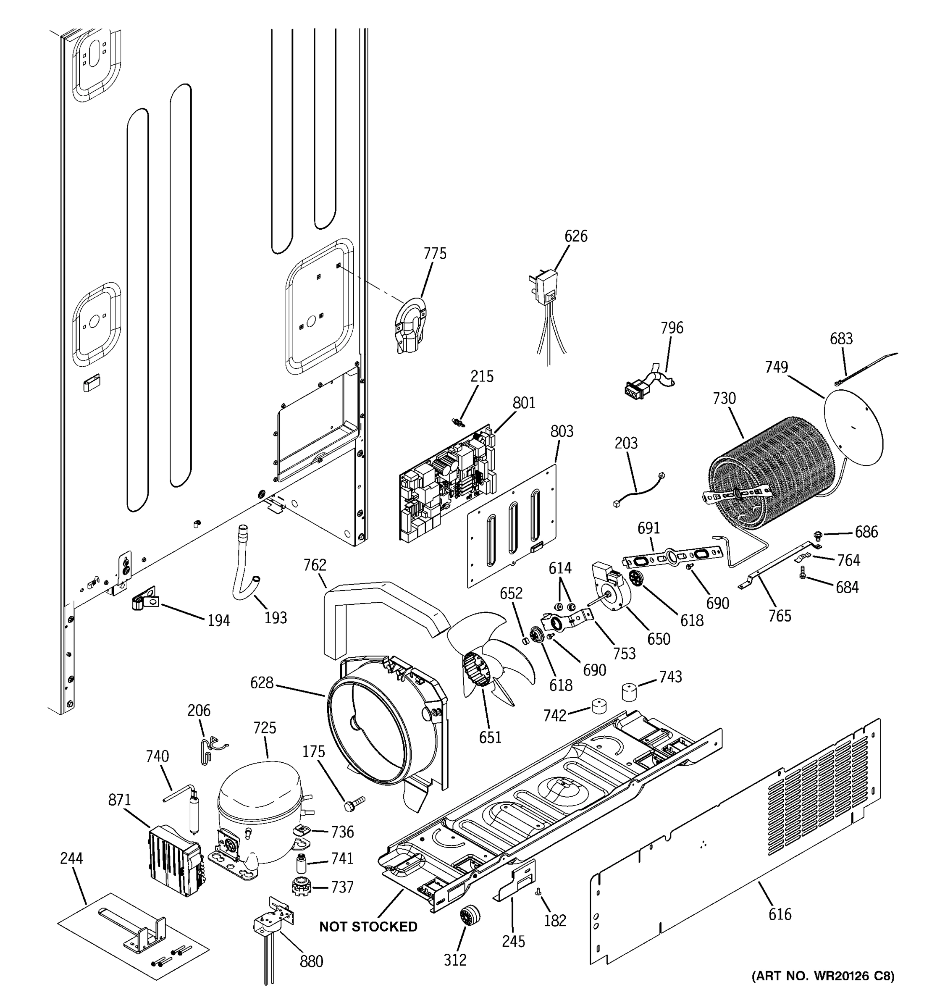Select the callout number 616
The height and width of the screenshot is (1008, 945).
point(779,914)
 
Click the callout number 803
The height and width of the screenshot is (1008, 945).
point(562,431)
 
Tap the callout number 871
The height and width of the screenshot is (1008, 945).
point(120,801)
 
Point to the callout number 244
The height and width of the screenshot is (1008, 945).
point(71,859)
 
